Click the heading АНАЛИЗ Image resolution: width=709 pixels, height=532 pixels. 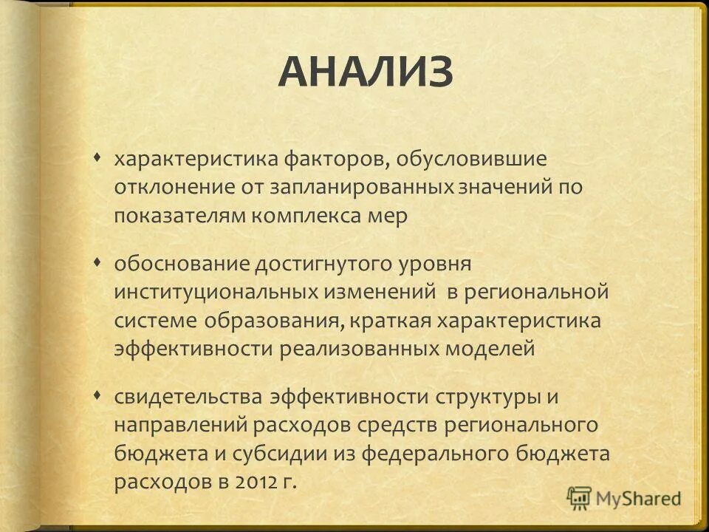pos(366,72)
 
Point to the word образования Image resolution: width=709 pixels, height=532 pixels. pos(261,320)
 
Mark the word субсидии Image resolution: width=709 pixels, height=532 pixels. pos(237,453)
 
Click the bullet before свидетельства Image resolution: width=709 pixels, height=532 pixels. pos(99,395)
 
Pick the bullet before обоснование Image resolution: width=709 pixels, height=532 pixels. pos(99,262)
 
